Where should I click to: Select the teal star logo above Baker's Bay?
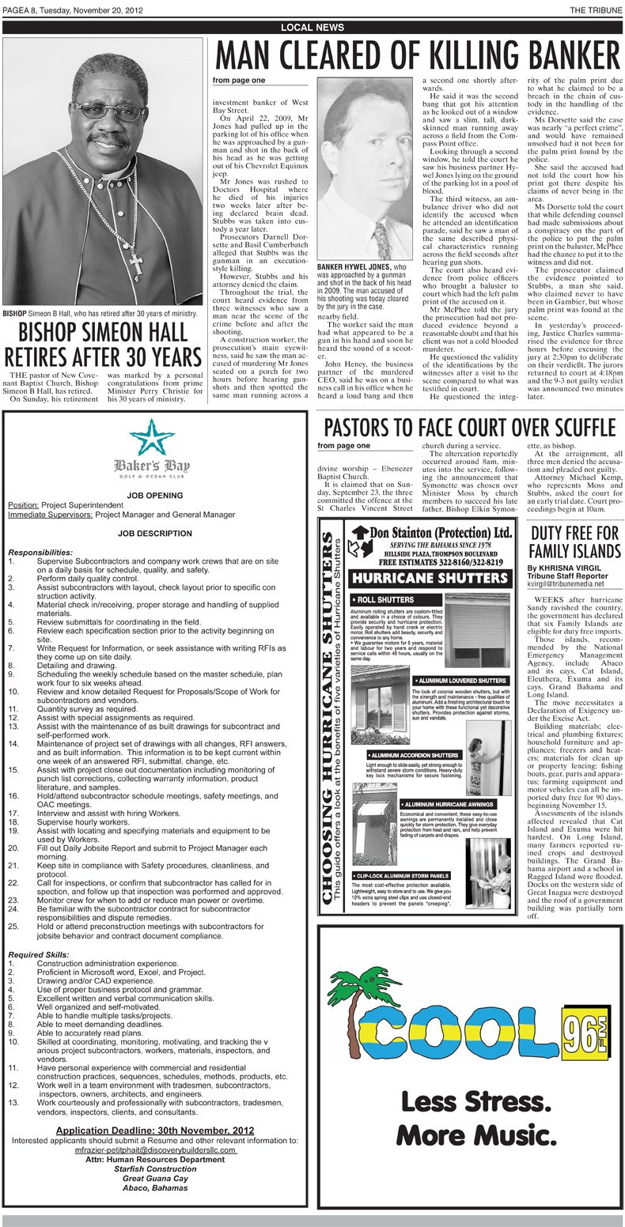[151, 436]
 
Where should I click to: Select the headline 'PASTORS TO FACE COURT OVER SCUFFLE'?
[469, 428]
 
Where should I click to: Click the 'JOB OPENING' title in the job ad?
[155, 496]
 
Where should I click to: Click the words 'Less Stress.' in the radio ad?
[475, 1101]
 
